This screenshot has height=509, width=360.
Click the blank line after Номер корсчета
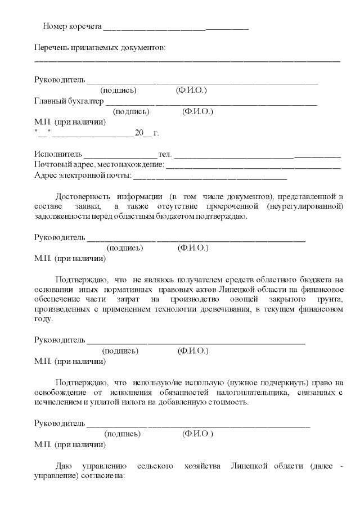coord(176,28)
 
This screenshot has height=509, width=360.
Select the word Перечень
coord(51,48)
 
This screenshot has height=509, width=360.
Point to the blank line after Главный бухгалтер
coord(211,103)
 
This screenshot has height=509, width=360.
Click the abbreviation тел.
coord(165,154)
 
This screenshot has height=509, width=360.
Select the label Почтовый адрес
coord(64,165)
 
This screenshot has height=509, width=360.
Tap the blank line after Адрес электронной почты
coord(210,178)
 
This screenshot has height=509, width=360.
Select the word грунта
coord(328,299)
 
